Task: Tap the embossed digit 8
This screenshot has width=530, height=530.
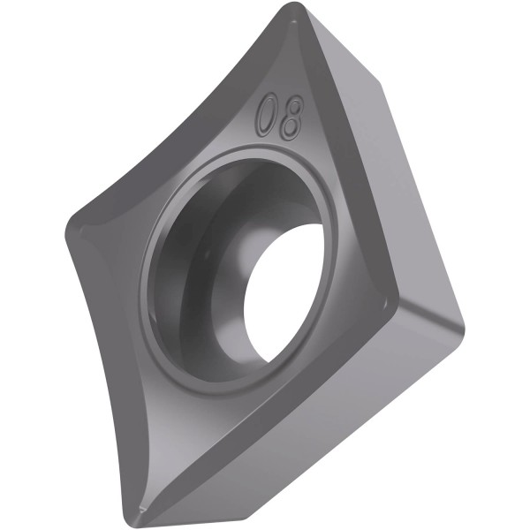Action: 292,118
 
